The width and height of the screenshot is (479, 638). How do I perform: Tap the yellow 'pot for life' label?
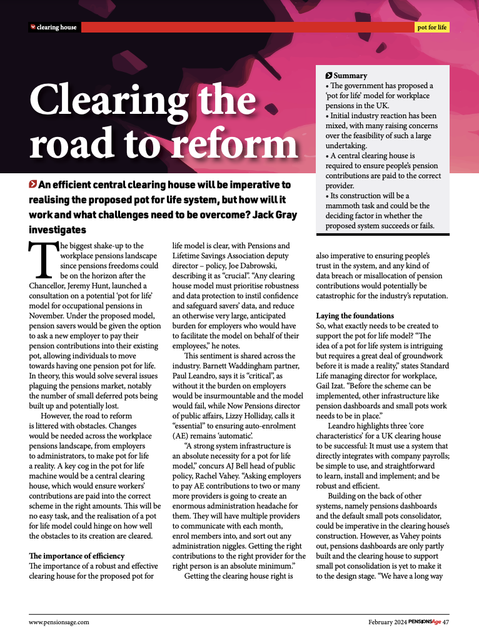pyautogui.click(x=432, y=28)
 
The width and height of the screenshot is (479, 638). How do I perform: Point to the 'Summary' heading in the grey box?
pyautogui.click(x=350, y=76)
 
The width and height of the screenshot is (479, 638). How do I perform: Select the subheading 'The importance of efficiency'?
pyautogui.click(x=77, y=556)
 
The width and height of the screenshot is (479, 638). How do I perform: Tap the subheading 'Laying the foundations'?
pyautogui.click(x=355, y=316)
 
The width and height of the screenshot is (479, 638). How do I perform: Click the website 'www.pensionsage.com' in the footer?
pyautogui.click(x=59, y=622)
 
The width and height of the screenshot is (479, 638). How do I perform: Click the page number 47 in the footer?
pyautogui.click(x=446, y=622)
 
